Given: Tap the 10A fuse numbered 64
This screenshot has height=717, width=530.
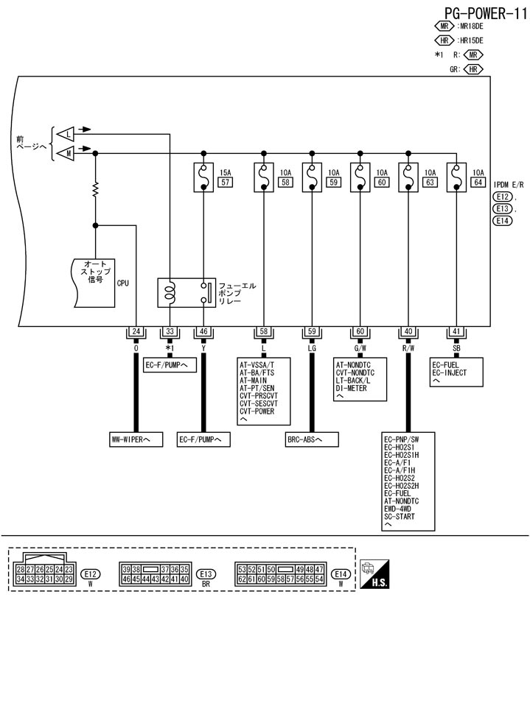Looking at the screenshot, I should [456, 177].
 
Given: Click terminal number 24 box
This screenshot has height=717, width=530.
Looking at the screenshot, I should [136, 331].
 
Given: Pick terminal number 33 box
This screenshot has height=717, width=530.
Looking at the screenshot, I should [170, 331].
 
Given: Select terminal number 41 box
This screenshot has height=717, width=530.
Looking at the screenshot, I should [456, 331].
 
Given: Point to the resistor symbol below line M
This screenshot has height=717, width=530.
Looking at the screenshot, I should [96, 191].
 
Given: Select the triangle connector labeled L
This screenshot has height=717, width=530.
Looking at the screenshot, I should [66, 134].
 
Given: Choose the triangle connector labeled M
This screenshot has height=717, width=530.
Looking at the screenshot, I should [66, 153].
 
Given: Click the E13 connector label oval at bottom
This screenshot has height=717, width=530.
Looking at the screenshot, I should [206, 574].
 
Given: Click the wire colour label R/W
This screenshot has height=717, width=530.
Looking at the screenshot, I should [408, 347].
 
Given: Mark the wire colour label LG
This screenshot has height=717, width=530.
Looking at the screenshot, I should [312, 347].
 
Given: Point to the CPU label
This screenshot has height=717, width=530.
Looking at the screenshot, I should [122, 281].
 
